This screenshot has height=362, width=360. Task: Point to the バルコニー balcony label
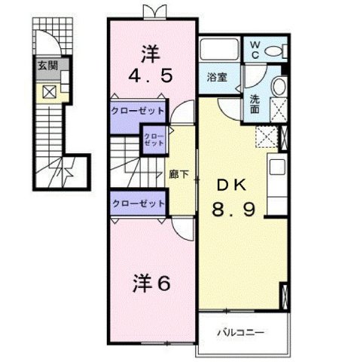tap(242, 330)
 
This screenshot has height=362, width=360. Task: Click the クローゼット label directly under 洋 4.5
tap(138, 109)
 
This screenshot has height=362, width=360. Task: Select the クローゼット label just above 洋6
tap(138, 204)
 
